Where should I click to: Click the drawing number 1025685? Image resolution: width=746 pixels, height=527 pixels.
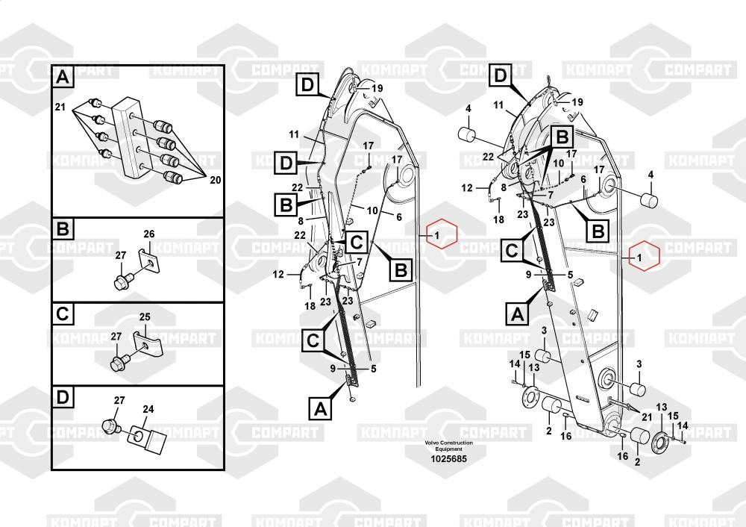[x=448, y=459]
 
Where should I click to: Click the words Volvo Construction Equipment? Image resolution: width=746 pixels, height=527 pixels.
[x=448, y=446]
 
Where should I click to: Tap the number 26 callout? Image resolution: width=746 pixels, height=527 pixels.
[x=149, y=234]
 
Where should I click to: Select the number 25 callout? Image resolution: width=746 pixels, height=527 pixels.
[x=145, y=316]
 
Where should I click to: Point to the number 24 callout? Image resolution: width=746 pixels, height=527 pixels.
[x=148, y=409]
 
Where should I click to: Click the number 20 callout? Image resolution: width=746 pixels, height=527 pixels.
[x=215, y=180]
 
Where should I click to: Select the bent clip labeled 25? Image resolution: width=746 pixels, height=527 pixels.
[x=148, y=344]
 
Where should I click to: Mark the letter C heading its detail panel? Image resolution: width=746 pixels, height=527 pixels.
[x=63, y=314]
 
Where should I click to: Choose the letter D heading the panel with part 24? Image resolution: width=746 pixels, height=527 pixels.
[x=63, y=397]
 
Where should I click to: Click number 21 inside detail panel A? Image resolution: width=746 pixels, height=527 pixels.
[x=60, y=107]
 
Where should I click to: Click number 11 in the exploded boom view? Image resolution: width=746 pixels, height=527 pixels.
[x=498, y=105]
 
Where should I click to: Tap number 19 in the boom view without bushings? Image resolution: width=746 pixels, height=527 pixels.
[x=377, y=89]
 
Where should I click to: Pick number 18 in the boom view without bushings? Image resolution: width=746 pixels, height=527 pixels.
[x=310, y=306]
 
